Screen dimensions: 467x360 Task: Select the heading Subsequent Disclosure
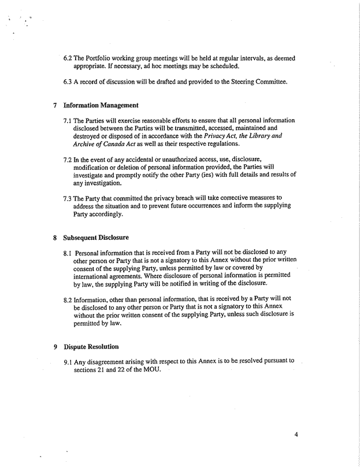pos(91,238)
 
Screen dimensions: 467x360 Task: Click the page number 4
pos(295,428)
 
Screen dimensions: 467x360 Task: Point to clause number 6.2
pos(68,58)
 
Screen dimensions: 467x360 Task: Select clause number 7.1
pos(68,121)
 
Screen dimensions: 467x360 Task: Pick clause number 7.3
pos(68,198)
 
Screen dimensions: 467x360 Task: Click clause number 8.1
pos(68,253)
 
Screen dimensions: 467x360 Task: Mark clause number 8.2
pos(68,299)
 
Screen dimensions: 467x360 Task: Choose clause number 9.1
pos(68,361)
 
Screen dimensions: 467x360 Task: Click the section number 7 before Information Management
pos(54,106)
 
